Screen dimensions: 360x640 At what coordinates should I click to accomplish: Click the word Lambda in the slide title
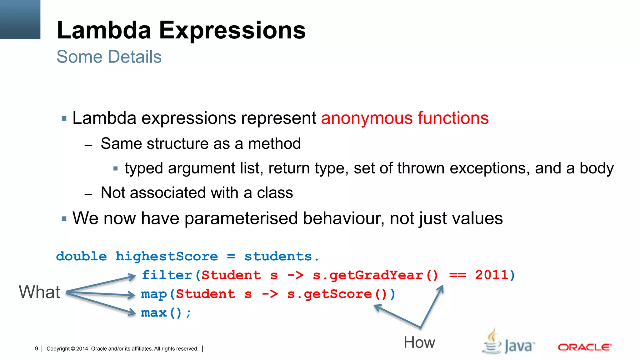click(104, 30)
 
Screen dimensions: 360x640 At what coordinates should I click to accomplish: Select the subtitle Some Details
click(109, 57)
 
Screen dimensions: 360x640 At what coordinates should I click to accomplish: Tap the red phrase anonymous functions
click(405, 118)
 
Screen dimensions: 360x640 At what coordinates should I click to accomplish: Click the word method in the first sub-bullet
click(274, 144)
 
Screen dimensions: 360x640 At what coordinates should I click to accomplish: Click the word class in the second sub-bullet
click(275, 193)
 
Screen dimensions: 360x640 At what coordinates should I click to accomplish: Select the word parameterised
click(241, 218)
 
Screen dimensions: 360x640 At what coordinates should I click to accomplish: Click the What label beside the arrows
click(39, 292)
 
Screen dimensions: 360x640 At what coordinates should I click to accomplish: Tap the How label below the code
click(419, 342)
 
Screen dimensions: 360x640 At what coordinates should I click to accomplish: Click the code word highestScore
click(167, 257)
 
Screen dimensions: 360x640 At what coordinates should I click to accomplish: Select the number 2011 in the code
click(492, 275)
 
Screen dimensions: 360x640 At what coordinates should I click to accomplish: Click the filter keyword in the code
click(167, 275)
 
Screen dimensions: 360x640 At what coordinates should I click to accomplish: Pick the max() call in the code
click(161, 313)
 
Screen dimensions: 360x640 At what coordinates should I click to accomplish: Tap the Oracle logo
click(584, 347)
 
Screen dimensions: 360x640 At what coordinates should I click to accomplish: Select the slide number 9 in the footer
click(37, 349)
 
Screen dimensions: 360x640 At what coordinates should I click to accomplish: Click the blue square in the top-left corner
click(20, 19)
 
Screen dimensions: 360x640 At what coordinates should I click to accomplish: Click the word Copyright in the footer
click(58, 349)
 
